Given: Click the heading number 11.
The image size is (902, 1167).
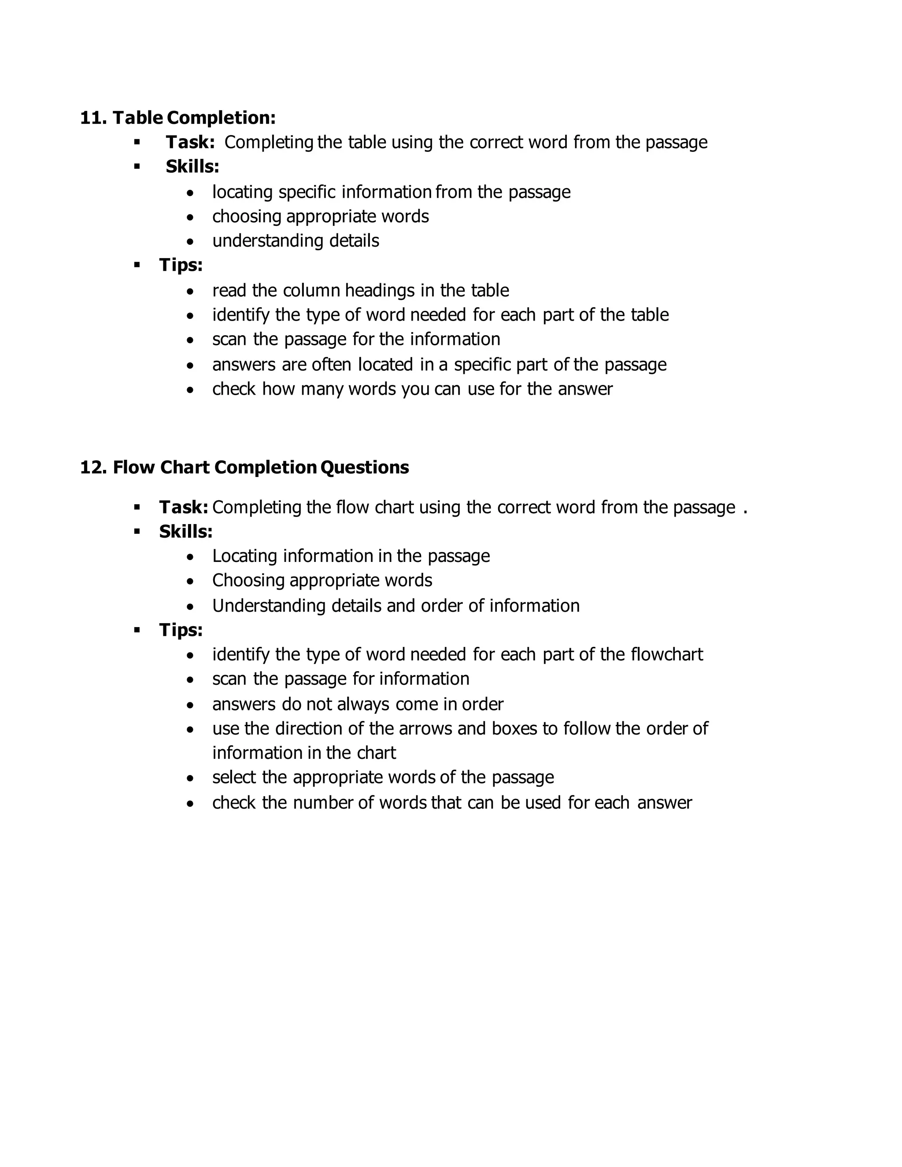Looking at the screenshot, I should click(x=93, y=118).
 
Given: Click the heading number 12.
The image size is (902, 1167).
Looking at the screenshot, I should click(x=93, y=468).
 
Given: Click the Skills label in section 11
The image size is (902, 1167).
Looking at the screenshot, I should click(x=192, y=167).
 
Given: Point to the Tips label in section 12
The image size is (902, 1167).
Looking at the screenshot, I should click(x=181, y=630).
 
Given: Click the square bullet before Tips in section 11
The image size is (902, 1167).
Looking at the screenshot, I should click(x=137, y=265).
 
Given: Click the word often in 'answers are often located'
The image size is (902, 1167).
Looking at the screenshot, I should click(x=331, y=365).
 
